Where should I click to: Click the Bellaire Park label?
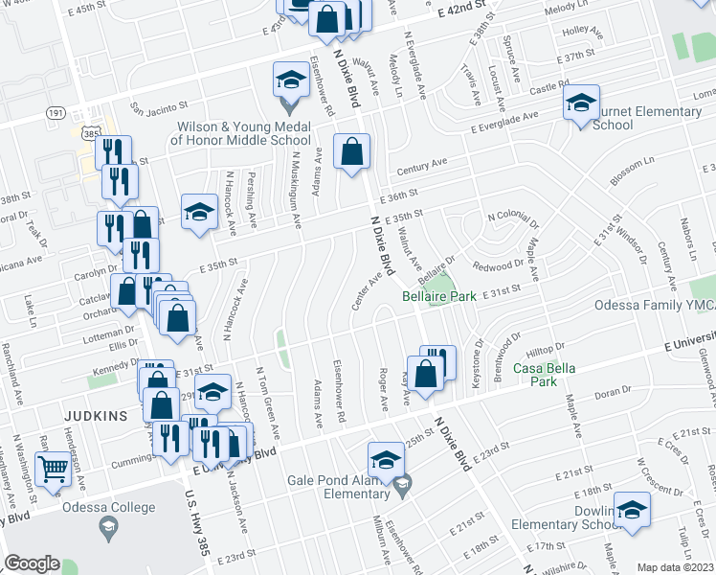438,297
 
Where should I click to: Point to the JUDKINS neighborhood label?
95,416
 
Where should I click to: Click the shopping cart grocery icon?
53,470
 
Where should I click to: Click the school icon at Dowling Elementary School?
632,510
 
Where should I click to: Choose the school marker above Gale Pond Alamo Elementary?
386,460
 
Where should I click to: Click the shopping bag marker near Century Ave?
351,151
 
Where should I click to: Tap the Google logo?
32,563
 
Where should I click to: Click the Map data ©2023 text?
674,567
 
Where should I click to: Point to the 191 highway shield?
56,112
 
